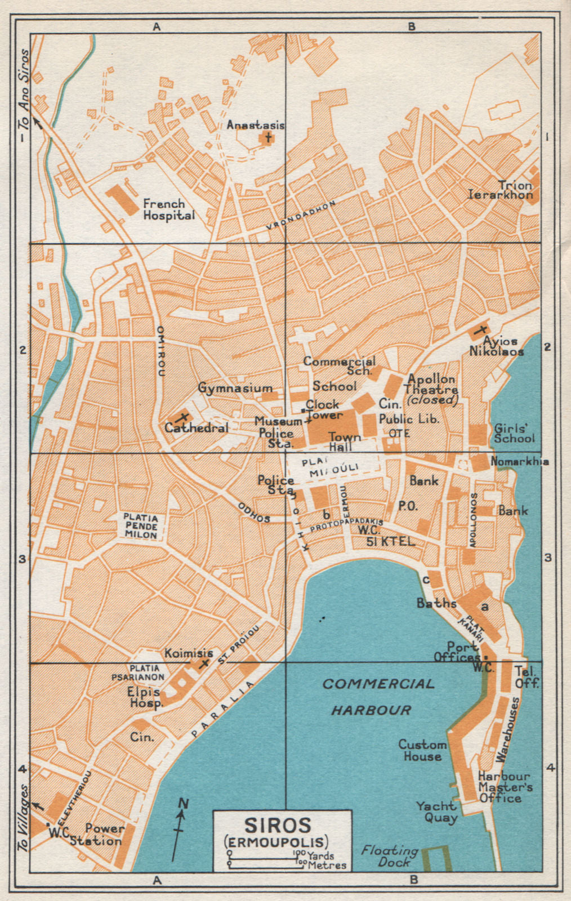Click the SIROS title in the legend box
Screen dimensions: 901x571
click(x=277, y=826)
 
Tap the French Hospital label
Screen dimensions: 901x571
click(x=168, y=209)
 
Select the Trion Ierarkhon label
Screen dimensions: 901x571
click(x=501, y=190)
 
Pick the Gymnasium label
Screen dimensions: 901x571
click(x=235, y=388)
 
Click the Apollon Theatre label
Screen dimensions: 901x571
click(x=432, y=389)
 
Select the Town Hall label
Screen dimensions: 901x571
click(x=345, y=441)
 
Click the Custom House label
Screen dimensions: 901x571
click(x=422, y=751)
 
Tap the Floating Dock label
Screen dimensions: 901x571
click(x=390, y=855)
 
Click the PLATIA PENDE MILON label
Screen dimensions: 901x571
click(x=141, y=525)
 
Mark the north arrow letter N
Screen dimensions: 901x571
click(x=182, y=804)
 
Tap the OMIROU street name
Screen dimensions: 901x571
click(x=160, y=350)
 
